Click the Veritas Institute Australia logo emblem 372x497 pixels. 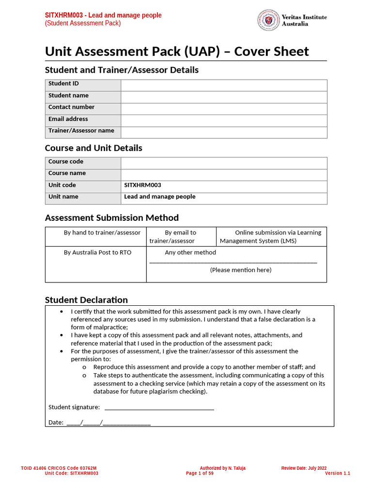pos(268,20)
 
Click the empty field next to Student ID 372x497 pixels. pos(224,85)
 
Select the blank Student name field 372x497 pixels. pos(224,97)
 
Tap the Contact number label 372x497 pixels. pos(71,107)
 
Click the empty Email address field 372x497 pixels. pos(224,120)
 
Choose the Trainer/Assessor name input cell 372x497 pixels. pos(224,132)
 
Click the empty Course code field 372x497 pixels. pos(224,163)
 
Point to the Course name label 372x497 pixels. pos(67,173)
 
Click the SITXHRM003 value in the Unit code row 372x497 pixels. pos(142,185)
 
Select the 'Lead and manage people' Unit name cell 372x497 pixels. pos(160,197)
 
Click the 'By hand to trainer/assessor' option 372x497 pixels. pos(102,233)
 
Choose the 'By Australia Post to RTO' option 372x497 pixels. pos(97,252)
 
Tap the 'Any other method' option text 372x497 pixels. pos(190,252)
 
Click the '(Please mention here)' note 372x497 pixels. pos(241,270)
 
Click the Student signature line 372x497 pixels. pos(159,407)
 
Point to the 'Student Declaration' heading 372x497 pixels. pos(86,299)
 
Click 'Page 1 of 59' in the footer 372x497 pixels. pos(200,473)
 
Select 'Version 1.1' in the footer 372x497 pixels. pos(337,473)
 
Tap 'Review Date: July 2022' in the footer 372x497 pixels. pos(304,468)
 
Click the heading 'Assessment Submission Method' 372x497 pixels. pos(111,217)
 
